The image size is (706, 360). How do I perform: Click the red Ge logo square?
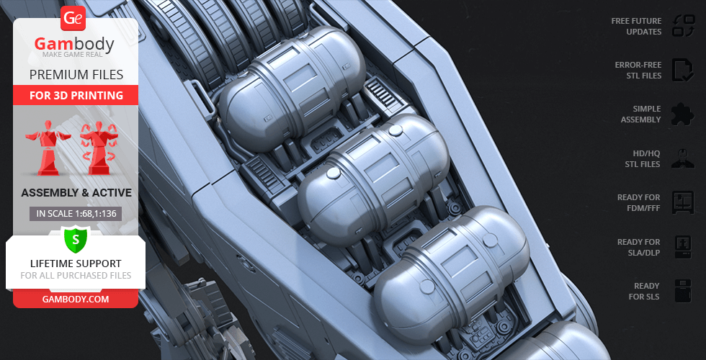(x=73, y=18)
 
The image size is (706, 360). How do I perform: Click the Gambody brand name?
(x=74, y=44)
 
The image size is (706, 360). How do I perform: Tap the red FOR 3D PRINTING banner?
(x=76, y=95)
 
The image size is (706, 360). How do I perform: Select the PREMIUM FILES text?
(x=76, y=75)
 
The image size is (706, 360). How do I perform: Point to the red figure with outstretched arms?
(x=48, y=147)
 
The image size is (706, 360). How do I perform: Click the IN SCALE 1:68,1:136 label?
(x=76, y=214)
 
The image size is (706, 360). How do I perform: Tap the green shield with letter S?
(x=76, y=239)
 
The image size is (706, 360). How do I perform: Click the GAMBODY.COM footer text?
(x=76, y=299)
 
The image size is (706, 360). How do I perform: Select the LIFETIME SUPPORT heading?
(x=76, y=264)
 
